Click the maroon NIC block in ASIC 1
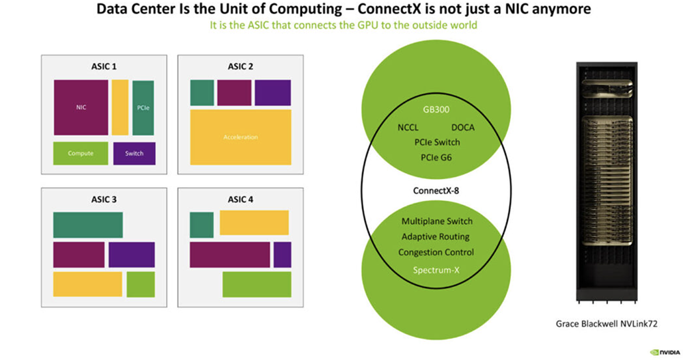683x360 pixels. click(x=81, y=107)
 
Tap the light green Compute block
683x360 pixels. click(x=81, y=153)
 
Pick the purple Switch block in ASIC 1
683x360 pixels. click(x=135, y=153)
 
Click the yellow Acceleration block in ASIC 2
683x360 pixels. click(x=240, y=137)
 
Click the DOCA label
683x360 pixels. click(x=462, y=127)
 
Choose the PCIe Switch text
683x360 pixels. click(x=437, y=142)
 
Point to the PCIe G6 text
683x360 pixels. click(x=437, y=158)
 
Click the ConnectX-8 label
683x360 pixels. click(x=436, y=190)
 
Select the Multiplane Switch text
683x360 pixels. click(x=436, y=221)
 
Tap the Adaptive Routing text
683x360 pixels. click(x=436, y=237)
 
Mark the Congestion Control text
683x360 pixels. click(x=436, y=253)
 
